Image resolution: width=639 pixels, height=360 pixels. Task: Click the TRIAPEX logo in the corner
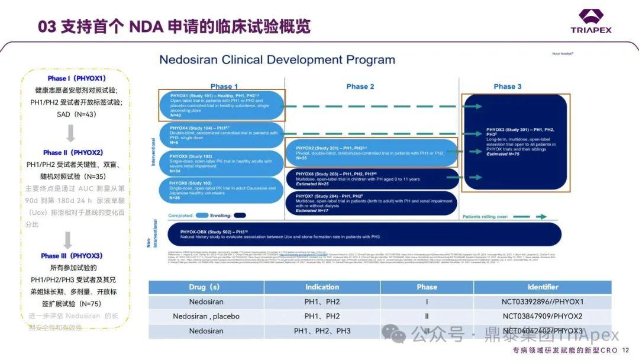(591, 21)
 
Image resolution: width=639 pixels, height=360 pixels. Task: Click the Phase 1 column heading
(225, 86)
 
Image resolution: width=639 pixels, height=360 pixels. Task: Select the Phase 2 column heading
(360, 86)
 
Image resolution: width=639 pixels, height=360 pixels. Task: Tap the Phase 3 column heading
(508, 86)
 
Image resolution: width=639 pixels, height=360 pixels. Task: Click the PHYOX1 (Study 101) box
(221, 105)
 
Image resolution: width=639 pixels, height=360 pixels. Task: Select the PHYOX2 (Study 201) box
(372, 153)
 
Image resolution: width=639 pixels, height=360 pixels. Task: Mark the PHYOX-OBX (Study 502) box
(364, 234)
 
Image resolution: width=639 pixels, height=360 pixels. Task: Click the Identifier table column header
(543, 287)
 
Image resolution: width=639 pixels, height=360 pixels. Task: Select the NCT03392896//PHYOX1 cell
(543, 302)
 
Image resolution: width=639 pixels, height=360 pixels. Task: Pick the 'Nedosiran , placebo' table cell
(206, 316)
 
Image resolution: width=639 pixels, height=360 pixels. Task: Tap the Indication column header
(322, 287)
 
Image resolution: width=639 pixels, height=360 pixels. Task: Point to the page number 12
(626, 351)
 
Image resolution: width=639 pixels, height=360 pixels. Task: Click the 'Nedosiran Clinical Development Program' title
(277, 60)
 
